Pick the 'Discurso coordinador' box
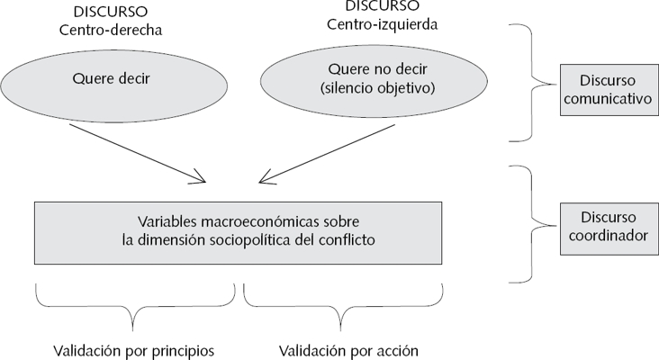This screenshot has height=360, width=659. coord(606,226)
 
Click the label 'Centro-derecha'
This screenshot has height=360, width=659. coord(111,30)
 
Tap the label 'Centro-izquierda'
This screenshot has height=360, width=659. coord(383,24)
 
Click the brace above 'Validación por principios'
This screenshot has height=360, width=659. coord(135,306)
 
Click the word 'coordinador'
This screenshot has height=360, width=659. coord(606,235)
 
